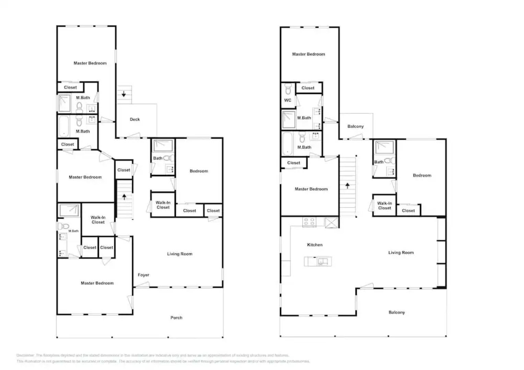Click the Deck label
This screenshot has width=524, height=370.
click(x=135, y=120)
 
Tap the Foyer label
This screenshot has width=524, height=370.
click(x=143, y=275)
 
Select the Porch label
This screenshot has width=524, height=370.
click(x=176, y=318)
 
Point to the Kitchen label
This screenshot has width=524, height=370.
click(x=314, y=245)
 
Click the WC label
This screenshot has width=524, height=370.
click(x=288, y=100)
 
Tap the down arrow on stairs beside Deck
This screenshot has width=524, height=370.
click(x=124, y=94)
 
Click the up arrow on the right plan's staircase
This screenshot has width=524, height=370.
click(x=347, y=186)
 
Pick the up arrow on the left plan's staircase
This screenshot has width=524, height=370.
click(x=124, y=197)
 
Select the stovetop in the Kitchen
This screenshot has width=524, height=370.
click(x=309, y=222)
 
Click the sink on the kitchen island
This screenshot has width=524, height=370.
click(x=323, y=262)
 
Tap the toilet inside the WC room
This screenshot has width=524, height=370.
click(x=288, y=90)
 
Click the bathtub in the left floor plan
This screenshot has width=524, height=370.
click(x=64, y=126)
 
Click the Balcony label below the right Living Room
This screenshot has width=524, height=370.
click(x=396, y=312)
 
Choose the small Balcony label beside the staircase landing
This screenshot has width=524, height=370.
click(x=355, y=126)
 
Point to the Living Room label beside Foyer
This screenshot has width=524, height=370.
click(x=180, y=254)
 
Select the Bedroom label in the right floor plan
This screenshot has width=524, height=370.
click(x=422, y=175)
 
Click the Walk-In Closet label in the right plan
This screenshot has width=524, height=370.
click(x=384, y=206)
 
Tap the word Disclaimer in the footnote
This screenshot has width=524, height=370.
click(x=25, y=355)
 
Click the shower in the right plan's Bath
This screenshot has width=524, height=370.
click(x=385, y=147)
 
